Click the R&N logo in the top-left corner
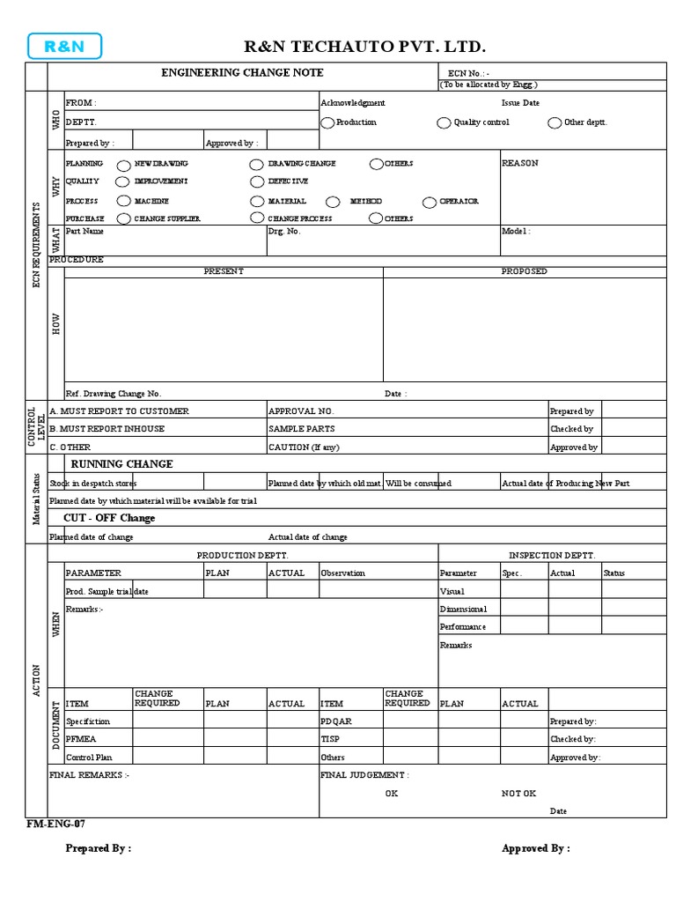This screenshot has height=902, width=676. coord(64,47)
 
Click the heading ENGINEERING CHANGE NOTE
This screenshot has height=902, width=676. coord(242,73)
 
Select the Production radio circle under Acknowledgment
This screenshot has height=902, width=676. coord(327,123)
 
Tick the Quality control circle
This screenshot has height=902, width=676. coord(445,123)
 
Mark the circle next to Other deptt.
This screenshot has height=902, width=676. coord(555,123)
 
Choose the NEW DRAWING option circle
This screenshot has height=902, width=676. coord(124,165)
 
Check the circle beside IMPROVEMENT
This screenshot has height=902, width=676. coord(124,182)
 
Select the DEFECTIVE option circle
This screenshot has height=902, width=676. coord(257,182)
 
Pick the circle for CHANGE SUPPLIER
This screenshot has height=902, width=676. coord(124,218)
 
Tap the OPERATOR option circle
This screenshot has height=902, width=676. coord(429,202)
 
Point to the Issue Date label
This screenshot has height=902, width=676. coord(520,103)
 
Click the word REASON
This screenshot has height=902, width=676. coord(519,164)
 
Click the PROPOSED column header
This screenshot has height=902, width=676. coord(524,271)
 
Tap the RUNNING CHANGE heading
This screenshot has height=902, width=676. coord(121,464)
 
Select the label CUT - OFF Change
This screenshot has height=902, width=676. coord(109,518)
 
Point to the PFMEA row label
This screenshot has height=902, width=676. coord(80,739)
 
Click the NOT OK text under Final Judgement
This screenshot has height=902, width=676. coord(518,794)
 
